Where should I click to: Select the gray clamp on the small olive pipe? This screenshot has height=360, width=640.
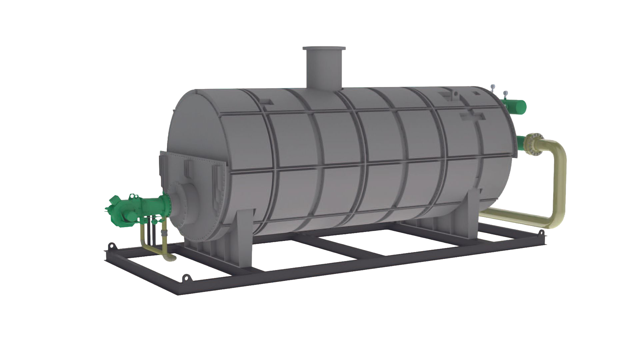[164, 232]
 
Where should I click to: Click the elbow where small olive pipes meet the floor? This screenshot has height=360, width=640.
[170, 257]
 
